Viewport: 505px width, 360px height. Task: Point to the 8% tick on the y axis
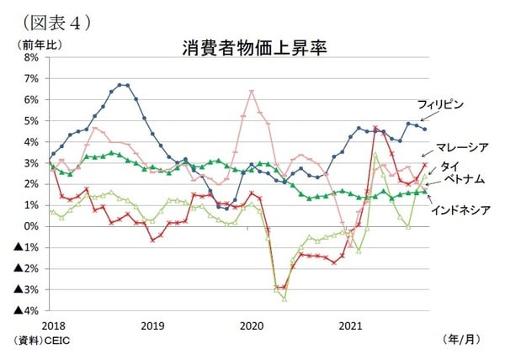[32, 57]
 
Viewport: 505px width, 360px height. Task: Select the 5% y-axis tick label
[32, 120]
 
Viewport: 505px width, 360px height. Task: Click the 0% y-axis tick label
[32, 226]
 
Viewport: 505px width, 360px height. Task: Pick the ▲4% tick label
[26, 310]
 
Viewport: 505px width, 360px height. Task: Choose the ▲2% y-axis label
[26, 268]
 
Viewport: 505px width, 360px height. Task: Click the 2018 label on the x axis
[52, 325]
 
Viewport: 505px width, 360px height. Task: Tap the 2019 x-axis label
[151, 325]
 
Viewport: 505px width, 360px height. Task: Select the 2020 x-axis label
[252, 325]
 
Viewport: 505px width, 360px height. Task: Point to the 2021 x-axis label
[350, 325]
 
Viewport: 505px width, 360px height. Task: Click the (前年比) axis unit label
[32, 42]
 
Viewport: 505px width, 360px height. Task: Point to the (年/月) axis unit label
[462, 339]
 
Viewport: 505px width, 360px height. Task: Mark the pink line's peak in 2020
[252, 91]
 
